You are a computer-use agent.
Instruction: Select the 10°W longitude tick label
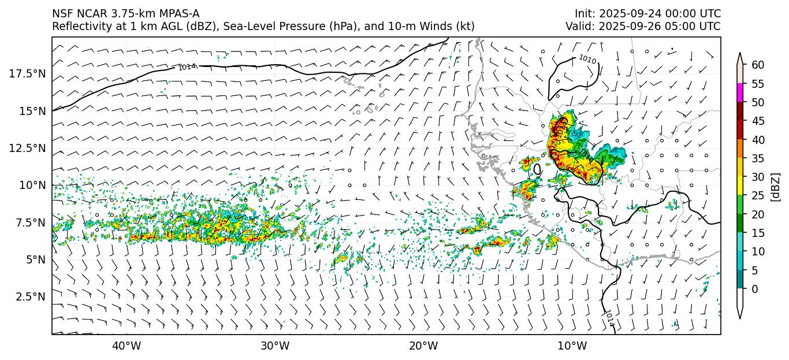tap(572, 346)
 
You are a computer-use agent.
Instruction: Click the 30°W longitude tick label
tap(275, 346)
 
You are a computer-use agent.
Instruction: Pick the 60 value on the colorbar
tap(758, 65)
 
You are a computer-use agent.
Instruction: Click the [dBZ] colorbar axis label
tap(776, 186)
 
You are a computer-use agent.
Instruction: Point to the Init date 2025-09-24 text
tap(626, 13)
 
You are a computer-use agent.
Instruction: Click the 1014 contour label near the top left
tap(187, 67)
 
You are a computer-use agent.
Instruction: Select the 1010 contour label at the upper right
tap(587, 59)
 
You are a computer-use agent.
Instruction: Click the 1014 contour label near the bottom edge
tap(609, 318)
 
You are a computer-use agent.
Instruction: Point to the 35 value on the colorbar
tap(758, 158)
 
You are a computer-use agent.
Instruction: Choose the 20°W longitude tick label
tap(423, 346)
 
